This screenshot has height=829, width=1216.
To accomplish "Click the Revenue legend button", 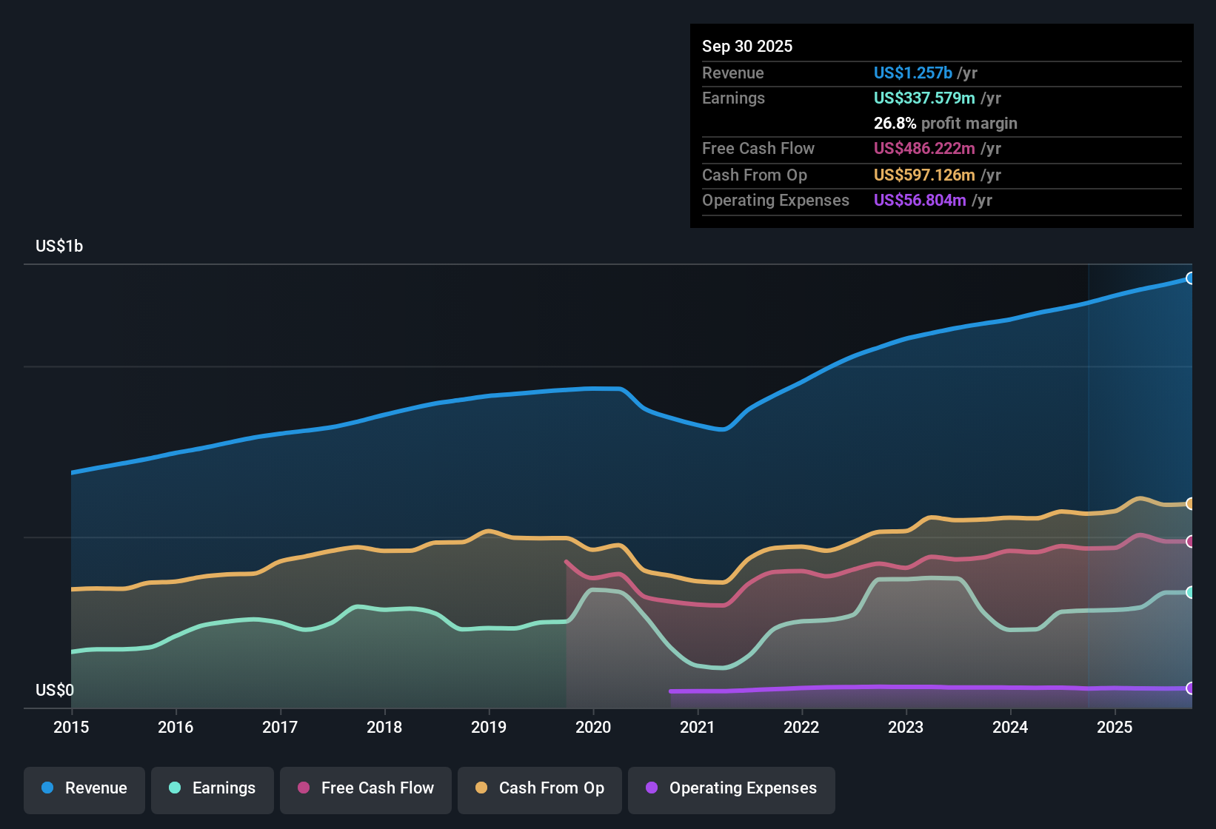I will click(84, 788).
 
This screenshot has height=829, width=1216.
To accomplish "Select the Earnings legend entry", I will click(213, 788).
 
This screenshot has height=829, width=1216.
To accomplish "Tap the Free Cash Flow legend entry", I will click(366, 788).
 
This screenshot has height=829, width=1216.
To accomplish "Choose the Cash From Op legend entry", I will click(540, 788).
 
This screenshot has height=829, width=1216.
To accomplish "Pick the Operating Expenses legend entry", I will click(732, 788).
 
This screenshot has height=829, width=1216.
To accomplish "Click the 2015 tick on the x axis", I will click(71, 727).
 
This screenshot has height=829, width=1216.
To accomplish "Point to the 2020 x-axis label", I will click(593, 727).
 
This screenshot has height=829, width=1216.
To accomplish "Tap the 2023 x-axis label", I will click(906, 727).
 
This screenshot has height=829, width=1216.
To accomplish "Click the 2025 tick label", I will click(1115, 727).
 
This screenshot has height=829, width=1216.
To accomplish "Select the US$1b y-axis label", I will click(59, 246).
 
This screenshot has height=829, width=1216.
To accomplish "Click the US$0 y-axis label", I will click(55, 690).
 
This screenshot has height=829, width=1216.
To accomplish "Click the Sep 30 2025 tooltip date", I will click(747, 46).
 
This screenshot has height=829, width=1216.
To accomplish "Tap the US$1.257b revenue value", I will click(912, 73).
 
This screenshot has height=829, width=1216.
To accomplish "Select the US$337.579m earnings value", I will click(923, 98).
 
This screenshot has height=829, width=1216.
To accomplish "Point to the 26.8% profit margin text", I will click(945, 123).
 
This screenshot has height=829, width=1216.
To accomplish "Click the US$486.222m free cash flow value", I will click(923, 148).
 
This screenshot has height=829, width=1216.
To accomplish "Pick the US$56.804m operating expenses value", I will click(919, 200).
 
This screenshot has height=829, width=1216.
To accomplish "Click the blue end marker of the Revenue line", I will click(1190, 278).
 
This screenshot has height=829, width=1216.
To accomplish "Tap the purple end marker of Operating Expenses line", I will click(1190, 688).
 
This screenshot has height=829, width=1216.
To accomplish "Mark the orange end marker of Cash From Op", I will click(1190, 504).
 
